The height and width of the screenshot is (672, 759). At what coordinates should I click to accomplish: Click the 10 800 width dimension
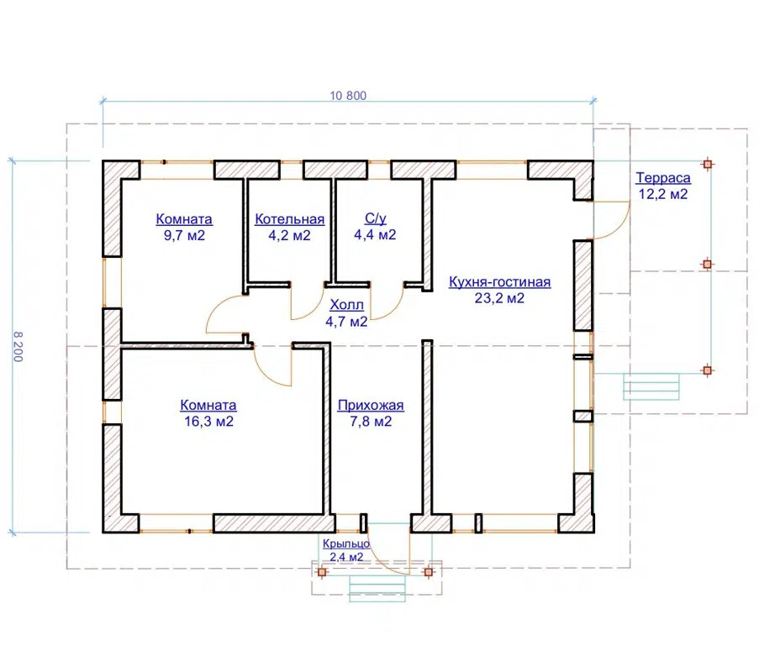click(348, 96)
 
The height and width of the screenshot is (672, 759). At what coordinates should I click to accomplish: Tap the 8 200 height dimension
click(18, 347)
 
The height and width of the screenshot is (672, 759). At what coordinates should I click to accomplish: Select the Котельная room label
click(289, 219)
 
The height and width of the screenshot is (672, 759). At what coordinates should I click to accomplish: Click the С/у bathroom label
click(375, 218)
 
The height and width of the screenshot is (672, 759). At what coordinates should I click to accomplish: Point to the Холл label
click(346, 305)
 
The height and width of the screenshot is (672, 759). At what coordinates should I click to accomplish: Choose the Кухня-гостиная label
click(499, 281)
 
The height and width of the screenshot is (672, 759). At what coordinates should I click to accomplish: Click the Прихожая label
click(371, 405)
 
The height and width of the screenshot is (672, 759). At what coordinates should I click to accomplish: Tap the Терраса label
click(663, 177)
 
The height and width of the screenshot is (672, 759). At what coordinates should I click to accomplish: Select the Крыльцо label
click(346, 543)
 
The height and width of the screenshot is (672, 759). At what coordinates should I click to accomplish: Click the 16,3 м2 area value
click(208, 422)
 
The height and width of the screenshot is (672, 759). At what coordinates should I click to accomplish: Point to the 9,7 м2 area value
click(184, 235)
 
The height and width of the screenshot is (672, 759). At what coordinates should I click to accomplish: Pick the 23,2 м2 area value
click(499, 298)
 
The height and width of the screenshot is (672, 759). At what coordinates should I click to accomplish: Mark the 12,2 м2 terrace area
click(663, 194)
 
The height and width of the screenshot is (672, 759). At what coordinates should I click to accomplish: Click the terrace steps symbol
click(651, 386)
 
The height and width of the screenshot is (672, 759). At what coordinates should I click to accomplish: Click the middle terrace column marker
click(707, 264)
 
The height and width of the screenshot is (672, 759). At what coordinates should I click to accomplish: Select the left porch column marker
click(323, 572)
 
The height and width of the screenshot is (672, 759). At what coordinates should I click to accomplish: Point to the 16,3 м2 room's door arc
click(266, 374)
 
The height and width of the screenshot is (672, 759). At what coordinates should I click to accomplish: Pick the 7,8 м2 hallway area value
click(371, 422)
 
